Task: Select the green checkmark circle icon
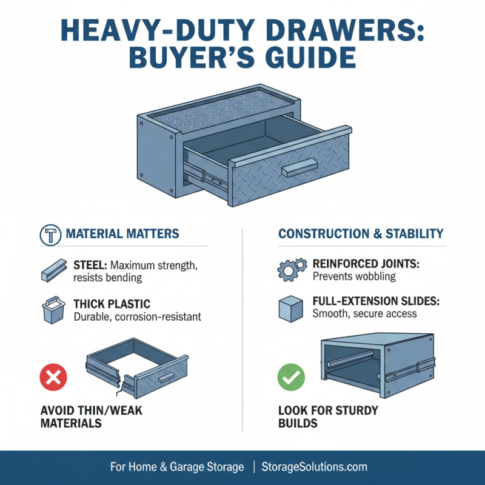tap(290, 378)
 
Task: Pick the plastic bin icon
tap(53, 310)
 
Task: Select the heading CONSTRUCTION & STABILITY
tap(361, 233)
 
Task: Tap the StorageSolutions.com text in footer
tap(314, 467)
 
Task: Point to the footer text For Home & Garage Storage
tap(177, 467)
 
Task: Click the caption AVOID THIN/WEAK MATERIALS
tap(91, 417)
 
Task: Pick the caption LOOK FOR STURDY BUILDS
tap(328, 417)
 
